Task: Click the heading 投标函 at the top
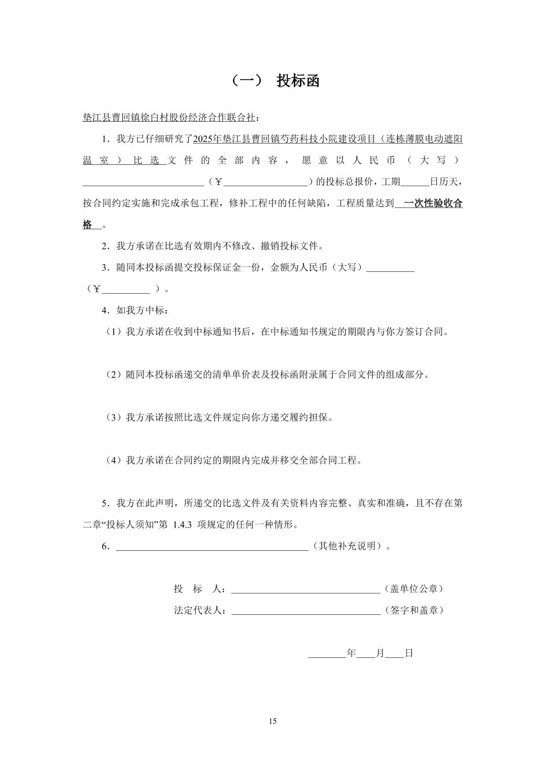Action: coord(297,81)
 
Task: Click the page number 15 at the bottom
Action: coord(272,721)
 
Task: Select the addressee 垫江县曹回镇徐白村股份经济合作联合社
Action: coord(168,118)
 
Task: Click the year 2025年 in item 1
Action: coord(205,139)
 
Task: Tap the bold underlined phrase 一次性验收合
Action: coord(433,203)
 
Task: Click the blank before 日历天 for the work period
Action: coord(415,182)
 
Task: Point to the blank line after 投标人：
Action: coord(305,589)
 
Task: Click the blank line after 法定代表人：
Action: coord(305,610)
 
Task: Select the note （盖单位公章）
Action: coord(414,589)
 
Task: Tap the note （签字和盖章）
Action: coord(414,610)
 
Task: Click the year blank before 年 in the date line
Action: coord(327,653)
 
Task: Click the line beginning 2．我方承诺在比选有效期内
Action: coord(213,247)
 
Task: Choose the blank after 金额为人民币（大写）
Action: coord(390,268)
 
